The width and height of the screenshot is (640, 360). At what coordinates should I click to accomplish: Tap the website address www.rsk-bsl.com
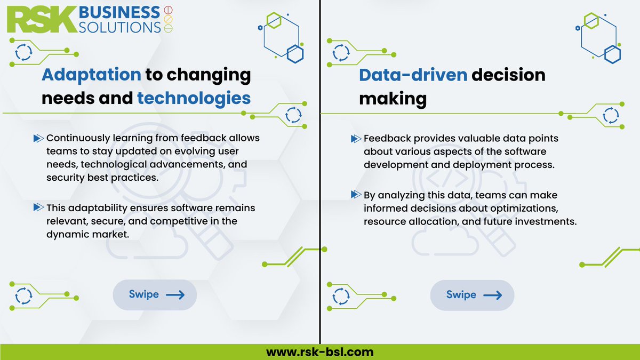[320, 352]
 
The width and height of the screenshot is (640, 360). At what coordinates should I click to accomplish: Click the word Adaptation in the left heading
[91, 75]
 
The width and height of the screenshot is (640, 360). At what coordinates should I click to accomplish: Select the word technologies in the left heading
[194, 98]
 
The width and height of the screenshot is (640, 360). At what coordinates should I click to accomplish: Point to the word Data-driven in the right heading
[413, 75]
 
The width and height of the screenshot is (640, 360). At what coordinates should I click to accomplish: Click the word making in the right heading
[393, 98]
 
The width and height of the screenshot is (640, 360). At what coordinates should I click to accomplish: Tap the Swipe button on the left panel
[155, 294]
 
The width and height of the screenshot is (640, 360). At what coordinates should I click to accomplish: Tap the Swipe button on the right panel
[472, 295]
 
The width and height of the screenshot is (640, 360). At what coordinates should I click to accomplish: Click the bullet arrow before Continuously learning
[38, 139]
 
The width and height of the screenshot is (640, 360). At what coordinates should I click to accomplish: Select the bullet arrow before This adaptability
[38, 207]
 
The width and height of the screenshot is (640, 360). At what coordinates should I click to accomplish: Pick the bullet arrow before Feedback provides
[356, 139]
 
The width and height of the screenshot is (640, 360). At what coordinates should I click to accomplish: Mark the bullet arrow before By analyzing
[356, 195]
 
